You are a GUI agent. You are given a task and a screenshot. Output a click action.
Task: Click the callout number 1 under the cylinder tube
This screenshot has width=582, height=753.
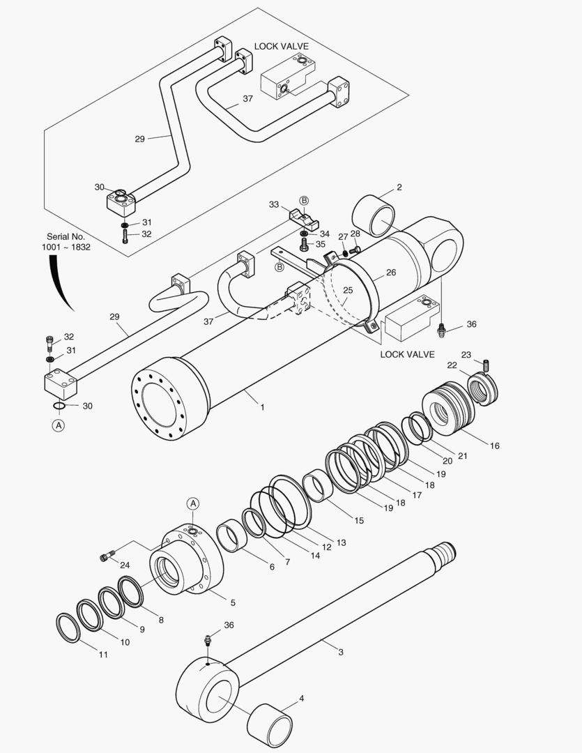click(x=262, y=406)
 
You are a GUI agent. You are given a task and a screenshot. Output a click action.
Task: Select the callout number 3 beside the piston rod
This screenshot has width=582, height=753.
click(x=340, y=652)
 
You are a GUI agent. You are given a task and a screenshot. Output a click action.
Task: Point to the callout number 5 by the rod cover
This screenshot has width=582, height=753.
click(x=233, y=602)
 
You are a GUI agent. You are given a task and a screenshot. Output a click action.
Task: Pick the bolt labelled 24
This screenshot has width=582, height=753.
click(x=107, y=556)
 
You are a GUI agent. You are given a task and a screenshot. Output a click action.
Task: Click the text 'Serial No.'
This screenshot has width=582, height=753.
click(x=66, y=236)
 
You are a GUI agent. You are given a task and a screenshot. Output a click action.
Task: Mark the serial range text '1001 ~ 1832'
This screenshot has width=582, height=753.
click(x=66, y=248)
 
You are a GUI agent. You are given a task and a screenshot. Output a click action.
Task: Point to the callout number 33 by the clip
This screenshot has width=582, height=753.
click(x=274, y=205)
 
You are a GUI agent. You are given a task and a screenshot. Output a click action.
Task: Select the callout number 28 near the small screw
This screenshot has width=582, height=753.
click(x=355, y=234)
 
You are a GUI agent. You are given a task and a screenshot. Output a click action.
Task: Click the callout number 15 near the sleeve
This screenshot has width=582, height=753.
click(x=359, y=520)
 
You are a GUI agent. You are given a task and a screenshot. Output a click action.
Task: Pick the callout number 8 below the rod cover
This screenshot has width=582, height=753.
click(x=160, y=619)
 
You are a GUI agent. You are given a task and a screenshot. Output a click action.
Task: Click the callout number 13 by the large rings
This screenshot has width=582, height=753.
click(x=341, y=542)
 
